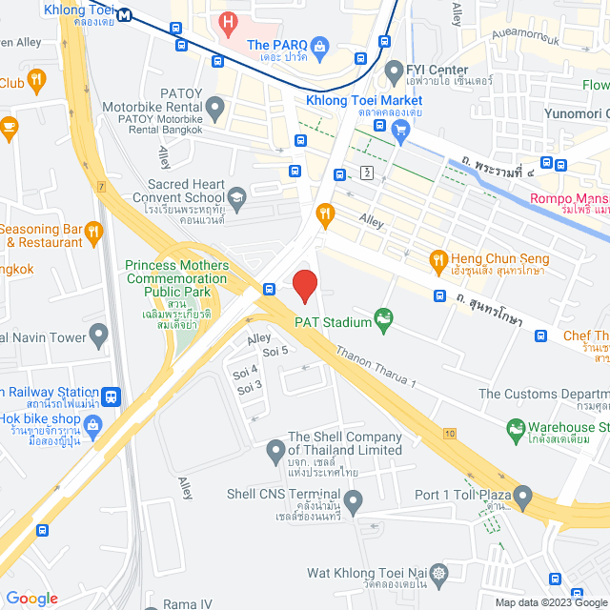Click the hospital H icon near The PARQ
[228, 21]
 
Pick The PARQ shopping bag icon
[321, 44]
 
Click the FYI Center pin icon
[392, 70]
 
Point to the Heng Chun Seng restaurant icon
[438, 258]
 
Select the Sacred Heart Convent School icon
[237, 198]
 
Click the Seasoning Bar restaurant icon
[93, 230]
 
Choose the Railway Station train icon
[112, 393]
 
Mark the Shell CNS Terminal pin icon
[354, 499]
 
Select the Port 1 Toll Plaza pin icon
[522, 495]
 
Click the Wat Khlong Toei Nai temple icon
[438, 573]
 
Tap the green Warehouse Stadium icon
[516, 428]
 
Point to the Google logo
[32, 598]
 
